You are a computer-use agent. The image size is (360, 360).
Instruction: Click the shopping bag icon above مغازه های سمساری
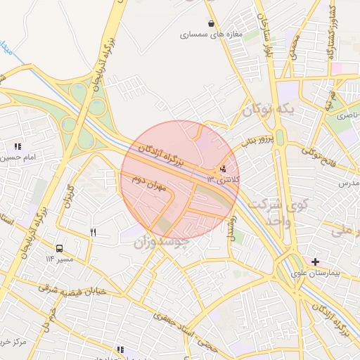pos(211,23)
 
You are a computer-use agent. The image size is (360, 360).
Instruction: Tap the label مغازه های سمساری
pos(211,34)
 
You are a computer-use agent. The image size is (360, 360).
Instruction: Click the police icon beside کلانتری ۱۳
pos(224,168)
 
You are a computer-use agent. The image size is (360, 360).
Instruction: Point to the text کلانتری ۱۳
pos(223,180)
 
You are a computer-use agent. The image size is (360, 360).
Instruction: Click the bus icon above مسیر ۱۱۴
pos(59,248)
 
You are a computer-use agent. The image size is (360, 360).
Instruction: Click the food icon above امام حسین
pos(17,146)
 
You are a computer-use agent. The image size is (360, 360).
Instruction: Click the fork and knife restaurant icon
pos(93,232)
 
